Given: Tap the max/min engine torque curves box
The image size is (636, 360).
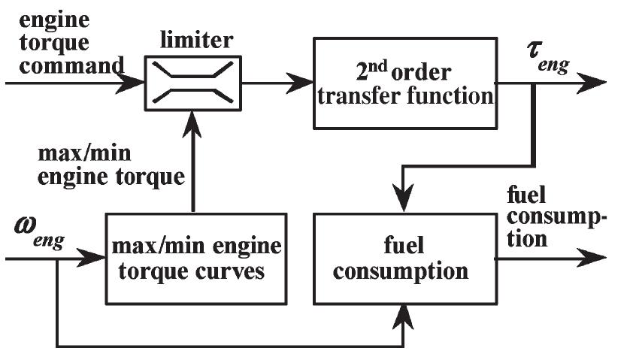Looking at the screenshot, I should (x=195, y=258).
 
